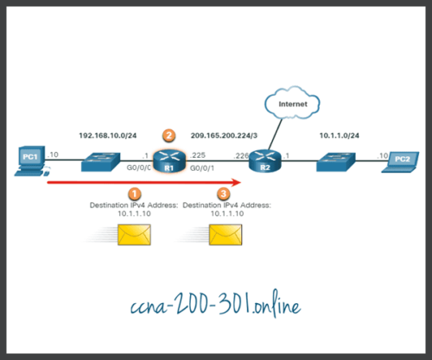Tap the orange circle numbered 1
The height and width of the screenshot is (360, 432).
point(133,194)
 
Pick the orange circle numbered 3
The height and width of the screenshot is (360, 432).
point(224,194)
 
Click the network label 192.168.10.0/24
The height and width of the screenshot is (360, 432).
point(107,136)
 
